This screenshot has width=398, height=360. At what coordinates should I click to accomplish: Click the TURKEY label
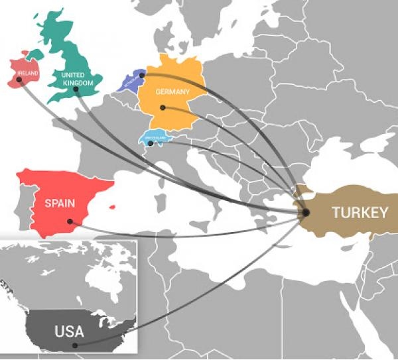[360, 213]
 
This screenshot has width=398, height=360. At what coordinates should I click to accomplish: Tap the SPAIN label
[59, 204]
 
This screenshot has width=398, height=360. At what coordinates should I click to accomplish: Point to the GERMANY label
[172, 92]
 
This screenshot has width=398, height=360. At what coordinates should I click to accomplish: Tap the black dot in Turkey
[306, 212]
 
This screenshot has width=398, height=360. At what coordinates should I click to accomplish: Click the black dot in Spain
[69, 222]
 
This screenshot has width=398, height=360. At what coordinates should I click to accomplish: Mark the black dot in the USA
[75, 345]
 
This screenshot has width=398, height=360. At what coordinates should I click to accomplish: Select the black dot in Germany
[163, 107]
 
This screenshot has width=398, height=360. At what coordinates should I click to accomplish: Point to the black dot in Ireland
[19, 80]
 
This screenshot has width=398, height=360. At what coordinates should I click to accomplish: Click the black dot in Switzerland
[151, 143]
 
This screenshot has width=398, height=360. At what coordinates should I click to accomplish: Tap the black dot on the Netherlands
[142, 76]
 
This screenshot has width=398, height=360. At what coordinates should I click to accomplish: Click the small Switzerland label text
[152, 138]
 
